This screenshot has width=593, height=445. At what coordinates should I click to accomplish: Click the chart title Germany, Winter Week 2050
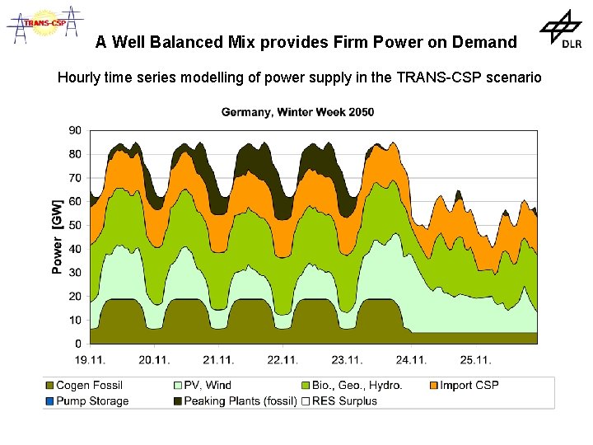coord(297,112)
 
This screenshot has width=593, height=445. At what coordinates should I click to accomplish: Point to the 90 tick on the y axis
coord(74,130)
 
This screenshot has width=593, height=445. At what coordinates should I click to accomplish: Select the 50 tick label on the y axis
coord(74,225)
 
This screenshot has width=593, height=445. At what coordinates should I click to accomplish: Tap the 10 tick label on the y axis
coord(74,320)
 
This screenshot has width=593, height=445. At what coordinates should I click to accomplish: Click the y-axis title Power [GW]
coord(57,236)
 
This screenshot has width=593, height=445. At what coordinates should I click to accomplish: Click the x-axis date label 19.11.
coord(90,359)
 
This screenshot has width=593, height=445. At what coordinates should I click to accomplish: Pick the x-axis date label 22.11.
coord(282,359)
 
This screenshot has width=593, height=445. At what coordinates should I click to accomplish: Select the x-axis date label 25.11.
coord(475,359)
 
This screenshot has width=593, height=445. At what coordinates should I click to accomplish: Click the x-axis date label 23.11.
coord(347,359)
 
